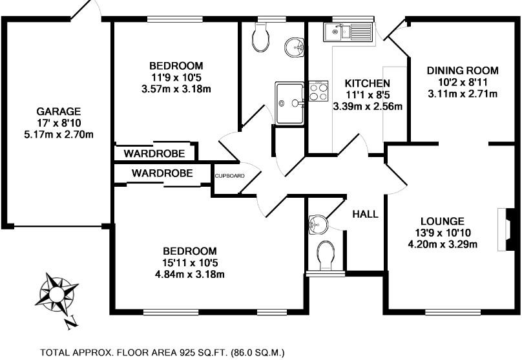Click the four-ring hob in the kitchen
(x=318, y=91)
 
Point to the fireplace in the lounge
(x=508, y=229)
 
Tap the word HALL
(x=365, y=215)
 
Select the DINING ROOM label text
(x=463, y=70)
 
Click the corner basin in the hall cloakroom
(x=316, y=224)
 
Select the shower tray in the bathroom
(x=289, y=102)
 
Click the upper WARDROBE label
(x=155, y=153)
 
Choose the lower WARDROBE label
(x=162, y=173)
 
